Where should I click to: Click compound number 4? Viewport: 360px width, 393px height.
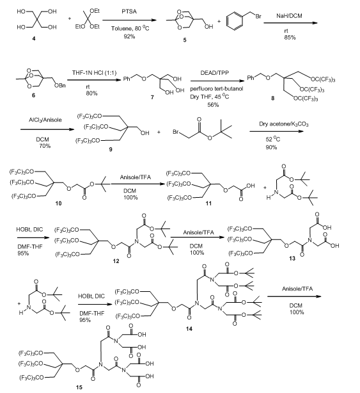(34, 38)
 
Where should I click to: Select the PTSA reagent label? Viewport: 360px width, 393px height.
(129, 12)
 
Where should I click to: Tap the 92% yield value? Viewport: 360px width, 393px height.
(129, 36)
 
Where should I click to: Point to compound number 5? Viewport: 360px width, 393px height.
(185, 40)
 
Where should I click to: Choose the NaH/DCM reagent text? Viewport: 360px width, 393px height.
(289, 16)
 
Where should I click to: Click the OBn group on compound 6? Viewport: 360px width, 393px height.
(60, 86)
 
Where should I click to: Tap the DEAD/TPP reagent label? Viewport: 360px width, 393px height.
(215, 73)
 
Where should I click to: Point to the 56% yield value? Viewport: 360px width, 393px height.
(213, 105)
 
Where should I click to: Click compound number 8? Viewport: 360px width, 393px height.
(273, 99)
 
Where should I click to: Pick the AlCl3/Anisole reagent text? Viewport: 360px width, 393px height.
(45, 120)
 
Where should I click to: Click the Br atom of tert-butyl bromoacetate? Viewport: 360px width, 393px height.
(176, 132)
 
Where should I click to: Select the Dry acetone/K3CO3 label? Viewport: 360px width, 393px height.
(284, 124)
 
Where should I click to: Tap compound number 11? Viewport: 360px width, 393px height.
(208, 204)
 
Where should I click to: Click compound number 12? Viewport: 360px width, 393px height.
(116, 261)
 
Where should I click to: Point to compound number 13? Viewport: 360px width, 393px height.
(292, 258)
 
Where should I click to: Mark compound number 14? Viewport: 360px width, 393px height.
(189, 328)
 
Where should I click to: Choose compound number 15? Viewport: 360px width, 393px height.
(79, 387)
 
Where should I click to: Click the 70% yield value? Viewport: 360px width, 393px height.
(45, 146)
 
